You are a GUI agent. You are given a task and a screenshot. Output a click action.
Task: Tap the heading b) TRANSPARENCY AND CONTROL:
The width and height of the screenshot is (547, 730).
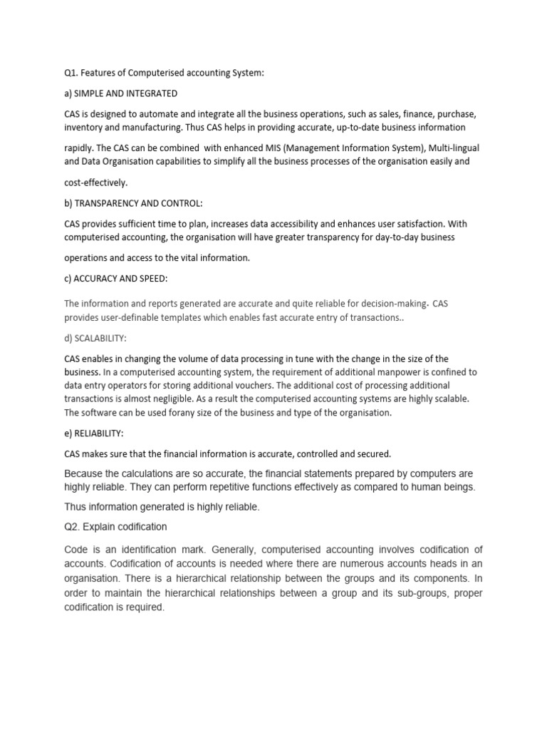(133, 203)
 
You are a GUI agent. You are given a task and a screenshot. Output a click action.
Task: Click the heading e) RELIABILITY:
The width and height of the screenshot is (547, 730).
(94, 433)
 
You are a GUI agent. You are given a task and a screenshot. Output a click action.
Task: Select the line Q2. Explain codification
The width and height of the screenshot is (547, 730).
(115, 526)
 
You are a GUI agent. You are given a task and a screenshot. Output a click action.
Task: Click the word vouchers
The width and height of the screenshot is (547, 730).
(279, 386)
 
